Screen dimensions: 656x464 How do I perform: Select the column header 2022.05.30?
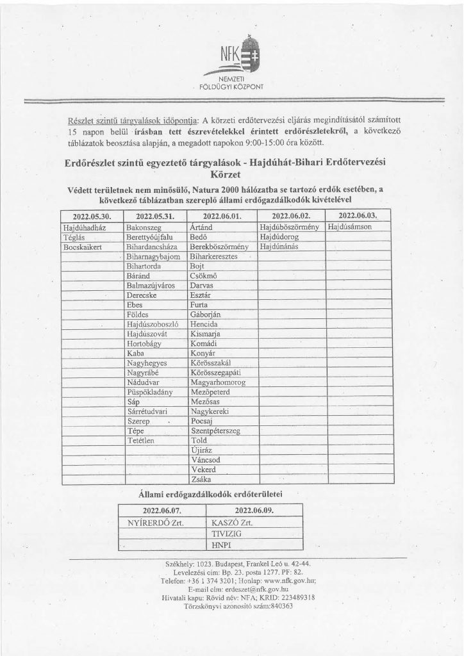point(92,217)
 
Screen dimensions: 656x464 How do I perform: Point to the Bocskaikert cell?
point(84,246)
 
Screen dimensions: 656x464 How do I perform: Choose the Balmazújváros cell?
point(151,286)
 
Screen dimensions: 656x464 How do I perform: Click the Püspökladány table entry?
point(152,391)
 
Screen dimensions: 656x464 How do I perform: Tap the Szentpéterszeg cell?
point(215,432)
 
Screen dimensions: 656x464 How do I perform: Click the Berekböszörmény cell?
point(219,246)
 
